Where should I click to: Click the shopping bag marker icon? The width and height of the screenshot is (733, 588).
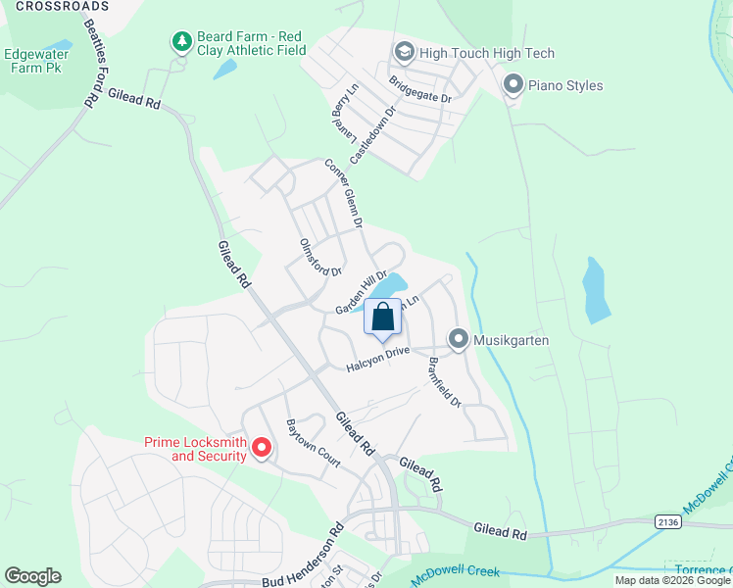pos(383,318)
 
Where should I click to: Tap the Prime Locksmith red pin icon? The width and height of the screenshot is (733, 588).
pos(262,448)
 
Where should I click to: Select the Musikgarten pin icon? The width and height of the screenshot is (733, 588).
pos(458,339)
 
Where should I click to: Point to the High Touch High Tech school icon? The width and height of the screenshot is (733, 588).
pos(404,52)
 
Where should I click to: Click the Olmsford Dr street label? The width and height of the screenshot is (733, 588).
pos(319,257)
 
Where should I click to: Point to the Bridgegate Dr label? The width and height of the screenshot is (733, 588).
pos(419,90)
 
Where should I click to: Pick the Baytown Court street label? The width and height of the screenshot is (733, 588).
pos(312,442)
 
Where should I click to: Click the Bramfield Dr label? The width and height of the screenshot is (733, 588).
pos(444,381)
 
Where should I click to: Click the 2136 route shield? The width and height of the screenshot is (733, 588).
pos(668,521)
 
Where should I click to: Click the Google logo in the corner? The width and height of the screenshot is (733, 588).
pos(32,576)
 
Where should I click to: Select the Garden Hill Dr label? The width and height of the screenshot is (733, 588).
pos(362,293)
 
